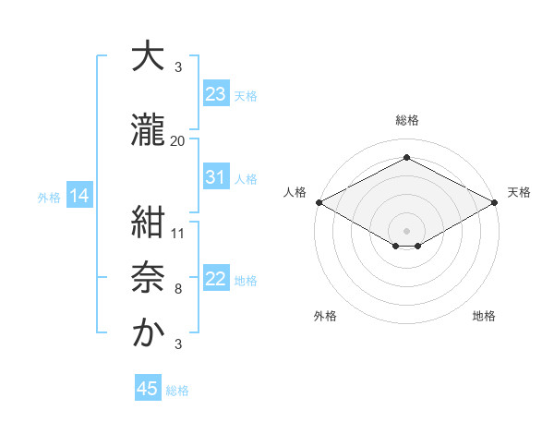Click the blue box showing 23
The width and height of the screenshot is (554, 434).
pos(216,93)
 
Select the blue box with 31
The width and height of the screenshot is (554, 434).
pos(216,177)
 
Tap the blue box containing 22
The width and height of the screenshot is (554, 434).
pos(216,279)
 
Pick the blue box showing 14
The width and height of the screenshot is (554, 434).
pos(78,196)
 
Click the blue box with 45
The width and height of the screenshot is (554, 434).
pos(148,389)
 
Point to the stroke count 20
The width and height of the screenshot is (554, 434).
pos(178,140)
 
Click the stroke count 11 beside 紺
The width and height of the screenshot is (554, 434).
pos(178,233)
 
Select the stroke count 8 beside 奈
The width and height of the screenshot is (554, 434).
pos(178,289)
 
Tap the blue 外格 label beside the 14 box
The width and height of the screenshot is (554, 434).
pos(48,197)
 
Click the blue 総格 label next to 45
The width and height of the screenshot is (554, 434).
pos(177,390)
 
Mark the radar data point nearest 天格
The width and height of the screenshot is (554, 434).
pos(495,202)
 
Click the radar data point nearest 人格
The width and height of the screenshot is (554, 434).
pos(319,202)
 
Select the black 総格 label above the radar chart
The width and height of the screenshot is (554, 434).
pos(406,120)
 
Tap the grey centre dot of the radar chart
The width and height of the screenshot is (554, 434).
pos(406,229)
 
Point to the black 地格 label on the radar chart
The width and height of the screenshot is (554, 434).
pos(484,316)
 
